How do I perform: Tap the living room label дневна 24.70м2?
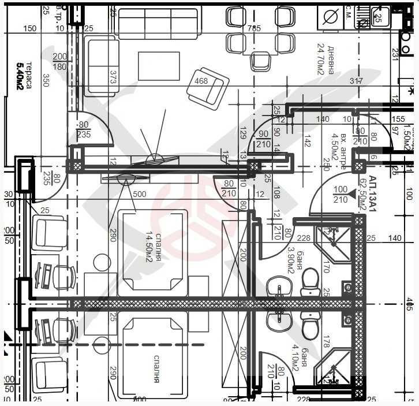(x=326, y=59)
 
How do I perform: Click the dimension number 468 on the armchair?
(x=201, y=81)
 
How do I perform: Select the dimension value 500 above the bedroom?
(x=139, y=195)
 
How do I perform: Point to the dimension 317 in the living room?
(x=356, y=81)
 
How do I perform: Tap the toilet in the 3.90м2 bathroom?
(x=310, y=280)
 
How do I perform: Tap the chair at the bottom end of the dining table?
(x=260, y=61)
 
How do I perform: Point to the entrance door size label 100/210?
(x=341, y=195)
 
